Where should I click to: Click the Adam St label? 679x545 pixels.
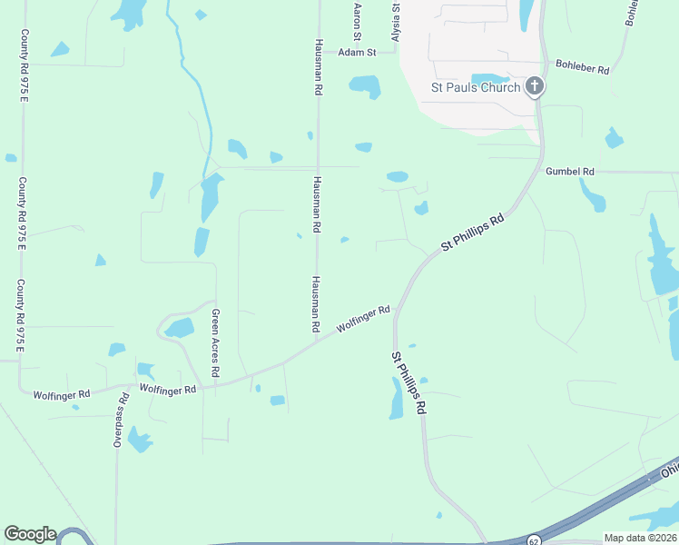(357, 53)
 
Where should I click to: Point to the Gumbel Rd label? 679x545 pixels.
(569, 171)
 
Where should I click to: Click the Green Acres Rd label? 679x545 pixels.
(215, 343)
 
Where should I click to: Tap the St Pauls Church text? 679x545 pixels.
(475, 87)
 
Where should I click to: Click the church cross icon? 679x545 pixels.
(535, 87)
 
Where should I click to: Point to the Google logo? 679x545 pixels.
(30, 534)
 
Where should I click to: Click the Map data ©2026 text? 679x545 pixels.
(640, 538)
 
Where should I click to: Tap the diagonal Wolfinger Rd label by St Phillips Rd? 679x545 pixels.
(363, 319)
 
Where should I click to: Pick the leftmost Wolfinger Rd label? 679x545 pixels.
(62, 394)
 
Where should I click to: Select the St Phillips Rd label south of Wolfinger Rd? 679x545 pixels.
(408, 383)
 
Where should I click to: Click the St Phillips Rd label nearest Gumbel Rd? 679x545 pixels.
(472, 233)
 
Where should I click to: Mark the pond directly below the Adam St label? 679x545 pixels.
(365, 86)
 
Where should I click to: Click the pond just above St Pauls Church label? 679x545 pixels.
(491, 78)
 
